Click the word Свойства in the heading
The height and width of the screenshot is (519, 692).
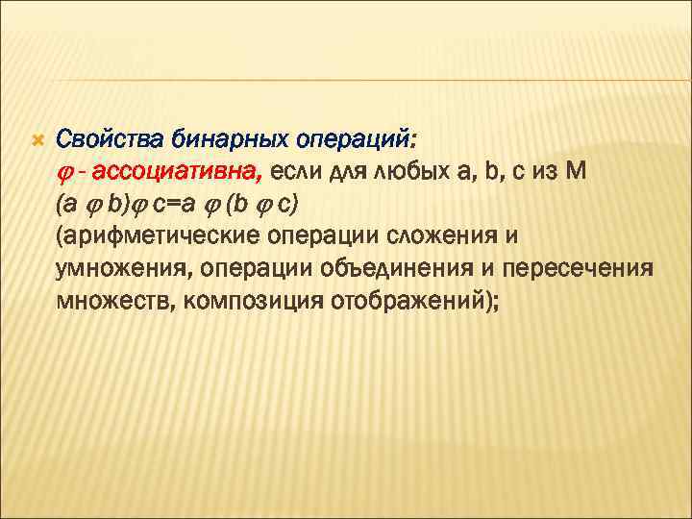pyautogui.click(x=111, y=141)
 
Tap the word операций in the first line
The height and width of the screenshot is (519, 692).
pyautogui.click(x=354, y=141)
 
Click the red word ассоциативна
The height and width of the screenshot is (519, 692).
pyautogui.click(x=173, y=173)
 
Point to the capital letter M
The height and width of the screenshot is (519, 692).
pyautogui.click(x=578, y=173)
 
